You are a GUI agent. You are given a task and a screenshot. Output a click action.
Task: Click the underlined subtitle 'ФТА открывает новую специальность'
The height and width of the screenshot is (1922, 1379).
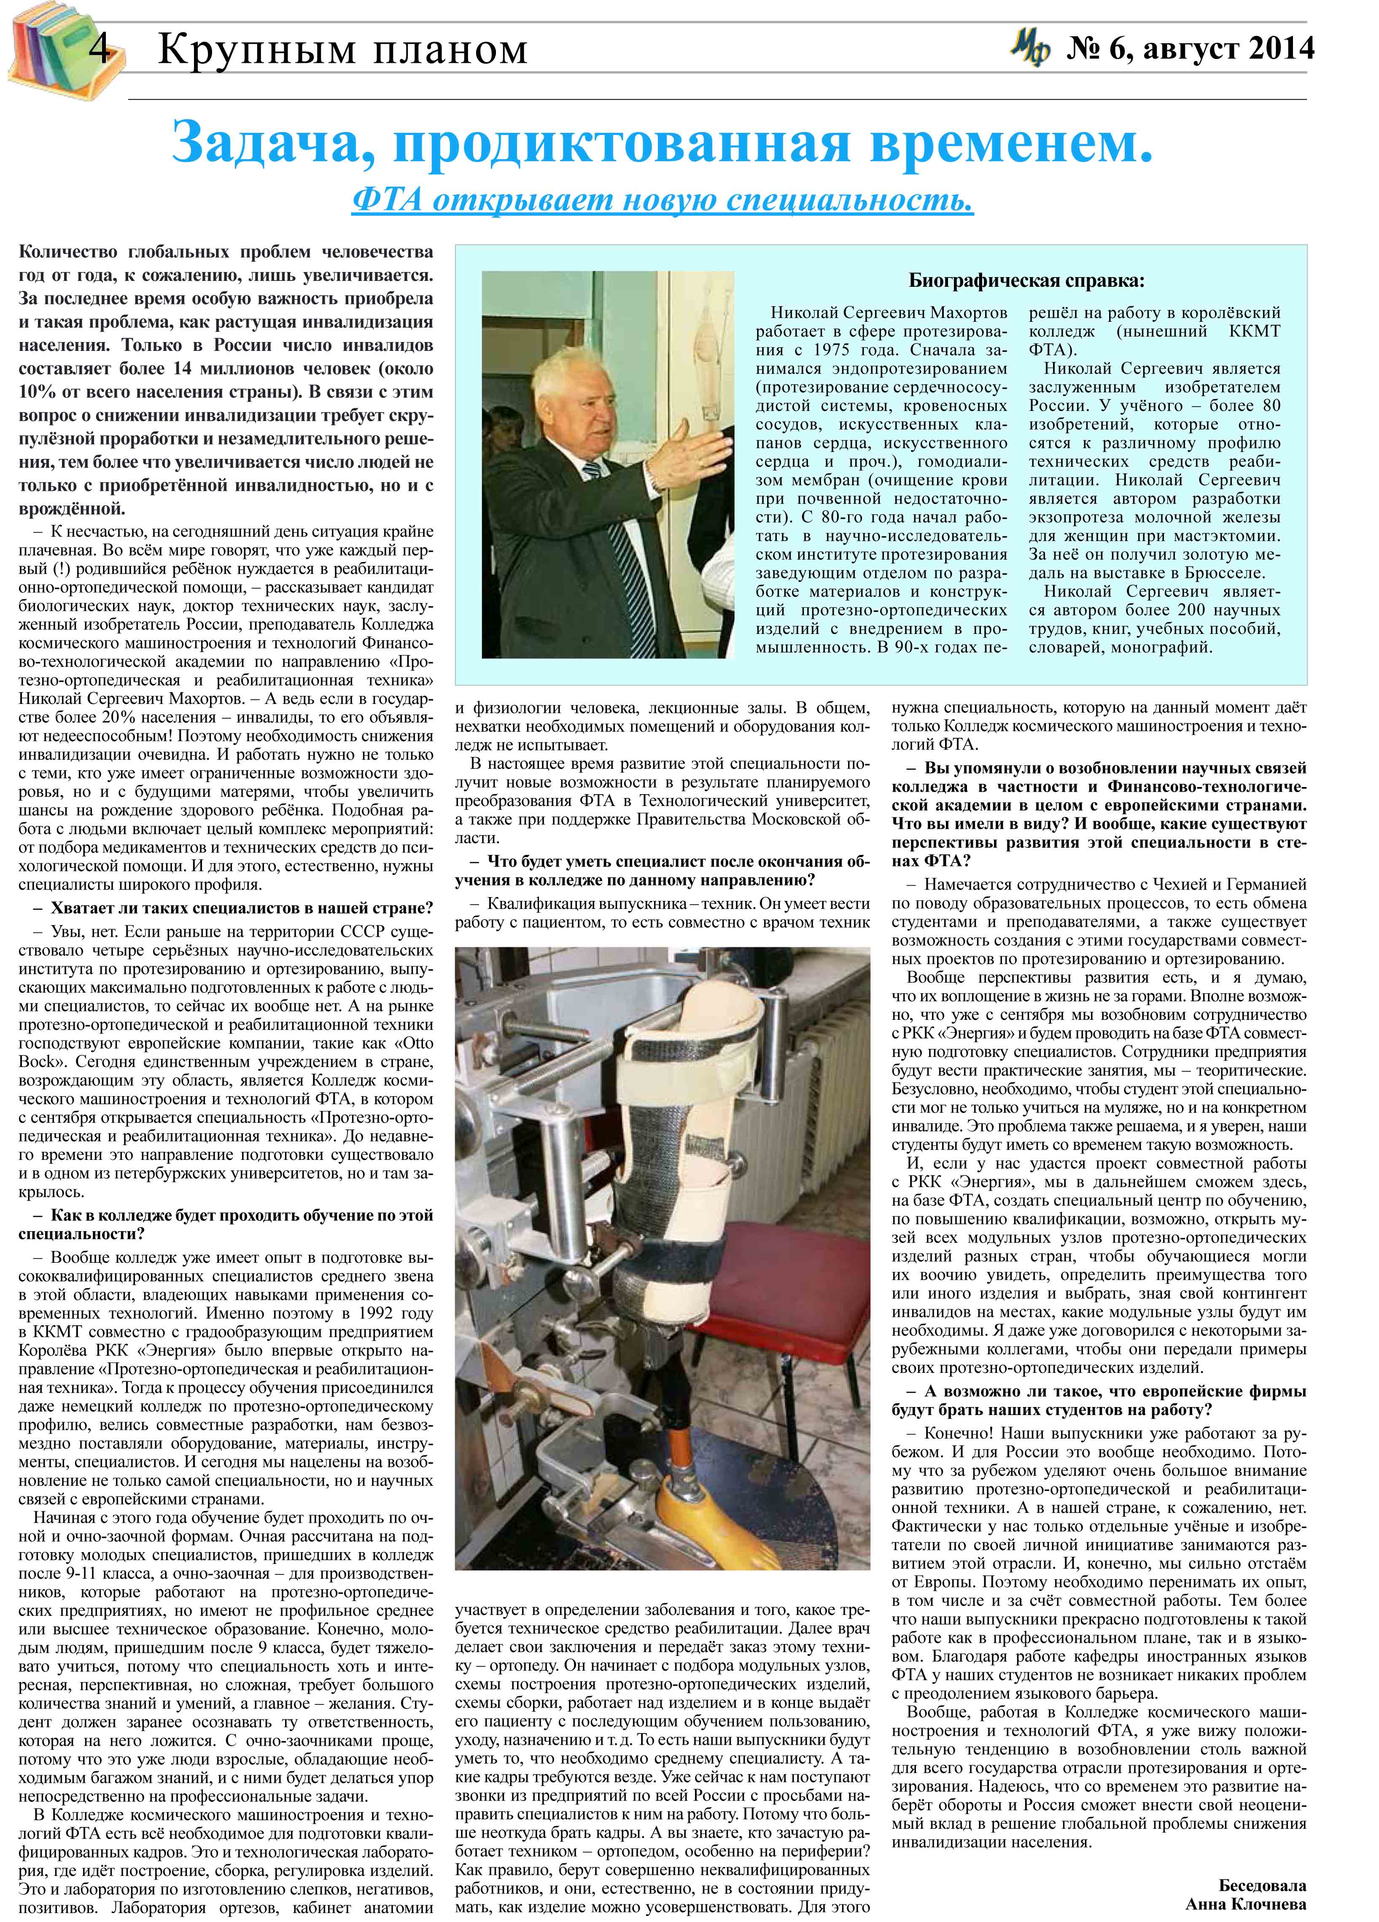pyautogui.click(x=662, y=200)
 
